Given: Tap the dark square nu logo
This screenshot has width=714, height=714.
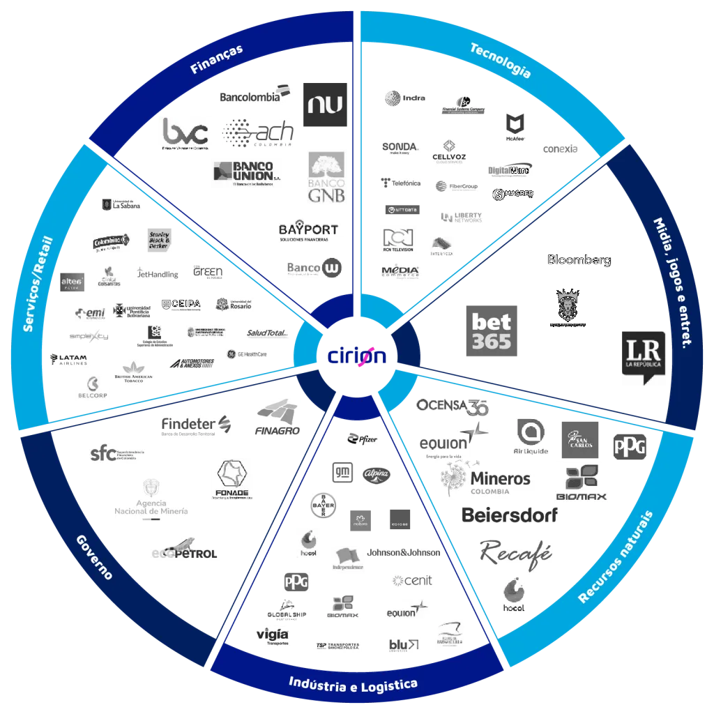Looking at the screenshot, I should (326, 103).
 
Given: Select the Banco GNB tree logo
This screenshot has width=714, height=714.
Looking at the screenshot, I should (326, 178).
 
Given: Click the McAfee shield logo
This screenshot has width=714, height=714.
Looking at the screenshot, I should (515, 128).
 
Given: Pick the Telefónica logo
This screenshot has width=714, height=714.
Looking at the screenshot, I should (401, 183).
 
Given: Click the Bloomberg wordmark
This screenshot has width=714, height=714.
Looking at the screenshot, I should (579, 260).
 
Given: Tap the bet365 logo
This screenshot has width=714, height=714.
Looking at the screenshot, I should (491, 329).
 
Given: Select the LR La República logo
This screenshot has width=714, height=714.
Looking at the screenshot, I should (642, 356).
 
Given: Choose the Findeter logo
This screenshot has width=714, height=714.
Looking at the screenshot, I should (197, 425).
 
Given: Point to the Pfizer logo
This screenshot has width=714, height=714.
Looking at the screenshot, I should (363, 439).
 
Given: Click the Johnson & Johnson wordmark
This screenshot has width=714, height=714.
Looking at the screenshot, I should (404, 552).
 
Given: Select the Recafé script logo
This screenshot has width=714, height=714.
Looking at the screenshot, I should (516, 552).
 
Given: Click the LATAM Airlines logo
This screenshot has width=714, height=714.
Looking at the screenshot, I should (68, 360).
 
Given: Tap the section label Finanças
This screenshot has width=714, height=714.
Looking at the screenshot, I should (217, 59).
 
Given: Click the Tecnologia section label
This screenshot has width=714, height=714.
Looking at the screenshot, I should (500, 60).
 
